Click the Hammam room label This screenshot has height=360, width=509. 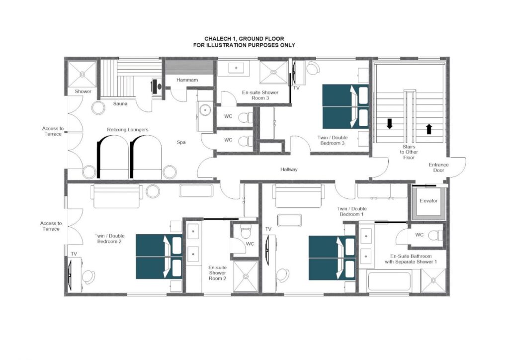coord(187,80)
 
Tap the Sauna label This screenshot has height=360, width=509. coord(120,104)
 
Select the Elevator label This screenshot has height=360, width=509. coord(428,201)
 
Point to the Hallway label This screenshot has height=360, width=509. coord(289,170)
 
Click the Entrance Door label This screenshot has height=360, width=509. coord(438,168)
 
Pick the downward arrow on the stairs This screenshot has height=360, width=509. coord(390,123)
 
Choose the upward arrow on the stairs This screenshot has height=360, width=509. coord(429,129)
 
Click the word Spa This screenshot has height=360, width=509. coord(181,142)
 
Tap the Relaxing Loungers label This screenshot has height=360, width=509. coord(128,130)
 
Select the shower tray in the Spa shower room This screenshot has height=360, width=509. coord(82,74)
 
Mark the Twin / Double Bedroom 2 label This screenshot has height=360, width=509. coord(109,239)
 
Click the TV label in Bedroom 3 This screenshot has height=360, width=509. coord(296,88)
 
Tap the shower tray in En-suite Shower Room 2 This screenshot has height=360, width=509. coord(246,276)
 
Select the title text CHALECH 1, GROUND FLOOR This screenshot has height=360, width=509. coord(244,39)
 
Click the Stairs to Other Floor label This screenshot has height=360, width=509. coord(409,152)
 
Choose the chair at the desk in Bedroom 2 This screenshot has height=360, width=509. coord(88,276)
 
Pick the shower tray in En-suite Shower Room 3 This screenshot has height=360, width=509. coord(274,72)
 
